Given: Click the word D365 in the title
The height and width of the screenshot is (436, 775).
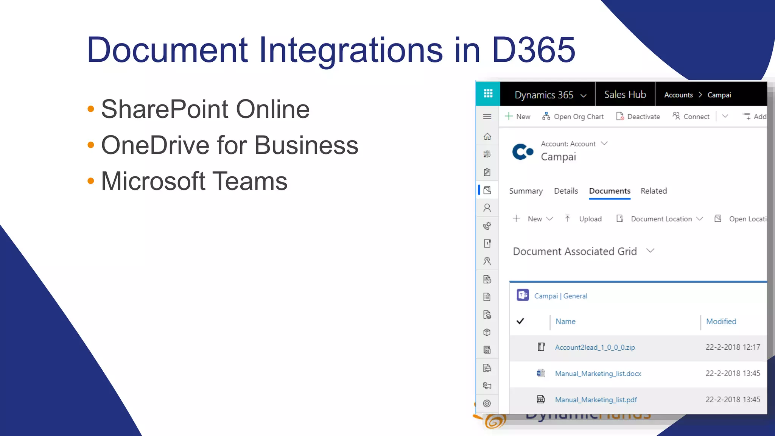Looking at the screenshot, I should pyautogui.click(x=534, y=50).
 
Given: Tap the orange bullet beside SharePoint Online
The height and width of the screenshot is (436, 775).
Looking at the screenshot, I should pyautogui.click(x=91, y=109).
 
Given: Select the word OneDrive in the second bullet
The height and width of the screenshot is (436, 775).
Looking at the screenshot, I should pyautogui.click(x=155, y=145).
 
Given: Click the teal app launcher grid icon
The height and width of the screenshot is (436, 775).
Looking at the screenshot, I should pyautogui.click(x=488, y=93).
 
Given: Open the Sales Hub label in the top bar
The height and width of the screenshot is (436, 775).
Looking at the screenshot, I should pyautogui.click(x=625, y=95).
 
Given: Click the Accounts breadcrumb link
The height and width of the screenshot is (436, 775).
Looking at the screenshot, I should pyautogui.click(x=679, y=95).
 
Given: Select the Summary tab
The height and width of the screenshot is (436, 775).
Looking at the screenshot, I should pyautogui.click(x=526, y=191).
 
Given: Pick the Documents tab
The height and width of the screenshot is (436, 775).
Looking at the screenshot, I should pyautogui.click(x=610, y=191).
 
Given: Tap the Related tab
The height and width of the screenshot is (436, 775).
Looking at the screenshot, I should pyautogui.click(x=654, y=191).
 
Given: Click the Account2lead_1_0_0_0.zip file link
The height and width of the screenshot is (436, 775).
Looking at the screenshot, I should pyautogui.click(x=595, y=347).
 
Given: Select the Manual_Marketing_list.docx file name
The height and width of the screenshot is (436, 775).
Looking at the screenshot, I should pyautogui.click(x=598, y=374).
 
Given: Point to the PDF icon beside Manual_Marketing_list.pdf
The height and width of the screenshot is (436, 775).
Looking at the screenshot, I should pyautogui.click(x=541, y=399).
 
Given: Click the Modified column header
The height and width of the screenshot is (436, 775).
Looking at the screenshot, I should pyautogui.click(x=721, y=321).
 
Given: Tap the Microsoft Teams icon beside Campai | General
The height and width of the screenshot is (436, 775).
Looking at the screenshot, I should pyautogui.click(x=523, y=295).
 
